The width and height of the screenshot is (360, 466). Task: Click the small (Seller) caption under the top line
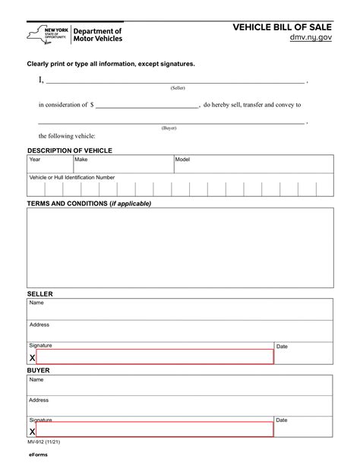point(178,88)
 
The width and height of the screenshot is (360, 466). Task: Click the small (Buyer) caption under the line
point(169,128)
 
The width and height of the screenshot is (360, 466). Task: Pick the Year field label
point(35,160)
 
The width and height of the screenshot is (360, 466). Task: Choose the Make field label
point(81,160)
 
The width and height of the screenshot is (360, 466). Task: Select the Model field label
point(183,160)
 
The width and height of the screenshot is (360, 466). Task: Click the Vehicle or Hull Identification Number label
point(72,177)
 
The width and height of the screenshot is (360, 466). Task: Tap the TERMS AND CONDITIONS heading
point(89,204)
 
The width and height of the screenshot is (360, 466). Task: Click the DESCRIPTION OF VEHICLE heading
point(69,151)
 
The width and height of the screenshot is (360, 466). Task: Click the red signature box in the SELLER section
point(154,357)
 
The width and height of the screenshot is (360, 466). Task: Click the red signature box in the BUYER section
point(154,430)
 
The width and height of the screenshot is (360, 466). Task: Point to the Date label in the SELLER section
point(282,347)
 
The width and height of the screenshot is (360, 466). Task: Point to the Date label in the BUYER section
point(282,420)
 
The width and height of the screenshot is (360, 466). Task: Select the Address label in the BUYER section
point(39,399)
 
